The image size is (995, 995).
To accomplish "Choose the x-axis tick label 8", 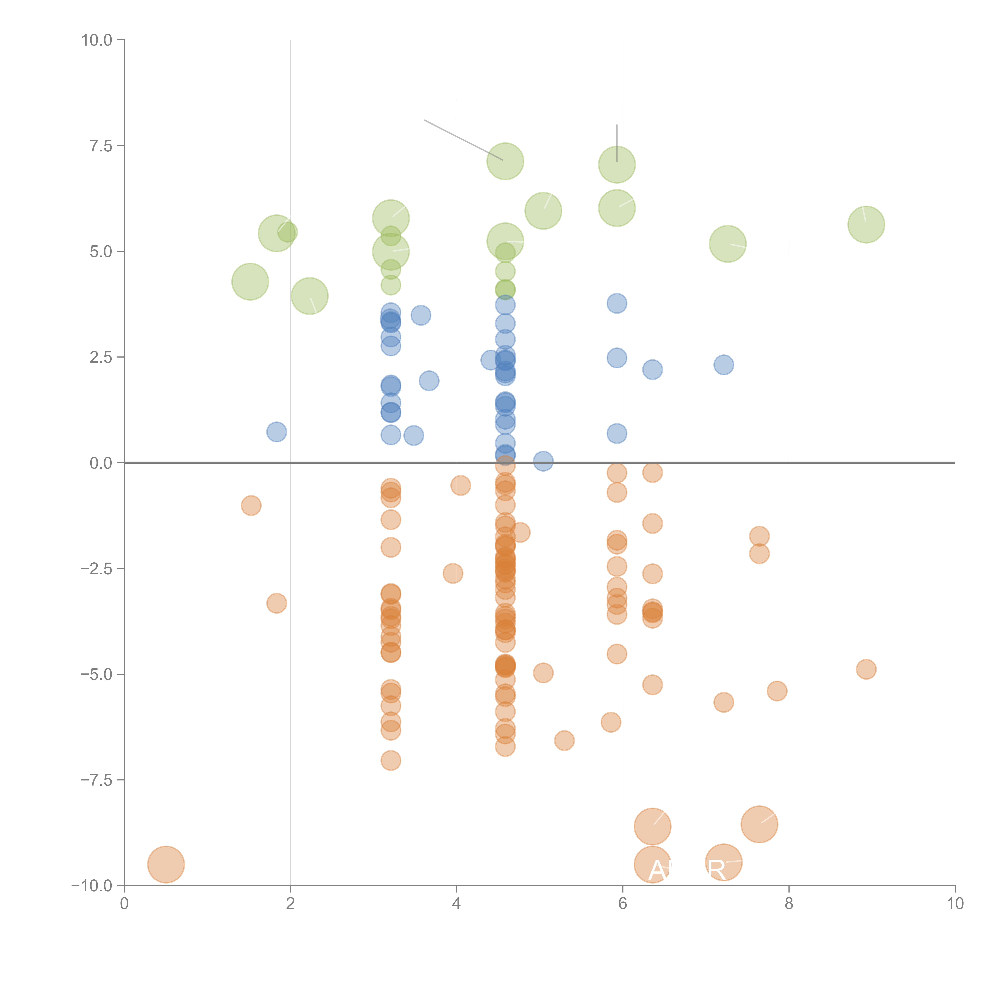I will coord(789,904).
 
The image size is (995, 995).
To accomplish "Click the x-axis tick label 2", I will coord(291,904).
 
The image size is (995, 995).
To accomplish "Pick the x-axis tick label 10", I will coord(955,904).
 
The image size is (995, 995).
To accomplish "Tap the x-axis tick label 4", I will coord(456,904).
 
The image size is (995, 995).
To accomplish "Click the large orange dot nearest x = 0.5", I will coord(166,864).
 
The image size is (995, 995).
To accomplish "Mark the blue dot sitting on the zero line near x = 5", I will coord(543,461).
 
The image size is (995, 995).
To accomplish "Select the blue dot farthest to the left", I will coord(277,432).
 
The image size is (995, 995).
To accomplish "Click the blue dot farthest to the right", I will coord(724,365).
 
